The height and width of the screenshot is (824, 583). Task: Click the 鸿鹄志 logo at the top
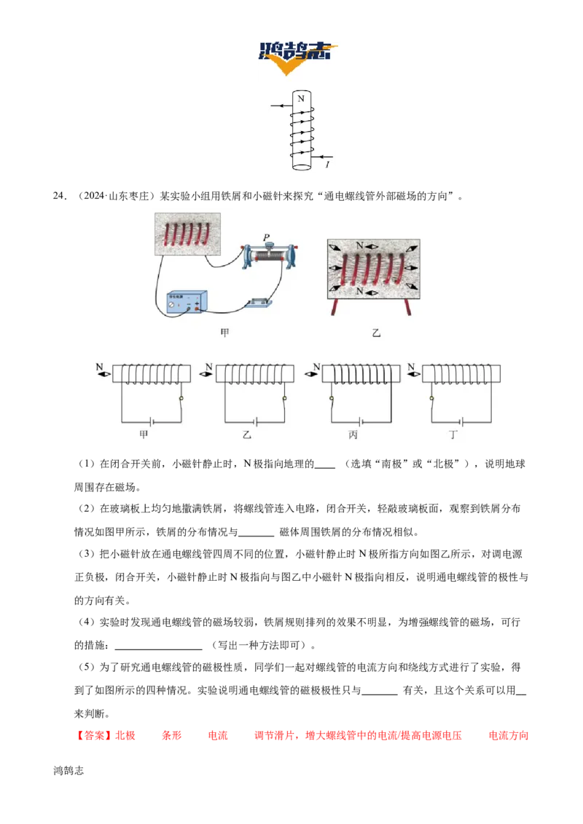point(297,58)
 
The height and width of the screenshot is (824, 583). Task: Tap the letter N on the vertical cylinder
point(301,98)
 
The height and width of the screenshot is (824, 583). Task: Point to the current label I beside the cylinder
point(327,165)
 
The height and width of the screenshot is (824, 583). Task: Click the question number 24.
point(60,196)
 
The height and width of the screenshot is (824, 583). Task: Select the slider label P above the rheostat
point(266,237)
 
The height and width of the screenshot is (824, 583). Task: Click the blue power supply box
point(187,303)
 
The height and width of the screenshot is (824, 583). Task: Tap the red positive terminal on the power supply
point(197,309)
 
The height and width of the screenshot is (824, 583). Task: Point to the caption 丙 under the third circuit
point(353,435)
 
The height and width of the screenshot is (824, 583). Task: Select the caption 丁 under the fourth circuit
point(453,435)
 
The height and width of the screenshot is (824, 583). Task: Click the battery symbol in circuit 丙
point(361,421)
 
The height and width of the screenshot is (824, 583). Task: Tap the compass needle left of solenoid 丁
point(414,374)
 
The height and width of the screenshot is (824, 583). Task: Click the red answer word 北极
point(125,735)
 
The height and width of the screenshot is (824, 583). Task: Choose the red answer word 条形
point(171,735)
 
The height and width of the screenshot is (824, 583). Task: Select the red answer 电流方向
point(508,735)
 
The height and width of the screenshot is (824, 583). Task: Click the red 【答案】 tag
point(94,735)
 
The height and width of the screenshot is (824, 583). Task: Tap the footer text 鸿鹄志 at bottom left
point(69,770)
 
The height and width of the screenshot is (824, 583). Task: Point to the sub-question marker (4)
point(86,622)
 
